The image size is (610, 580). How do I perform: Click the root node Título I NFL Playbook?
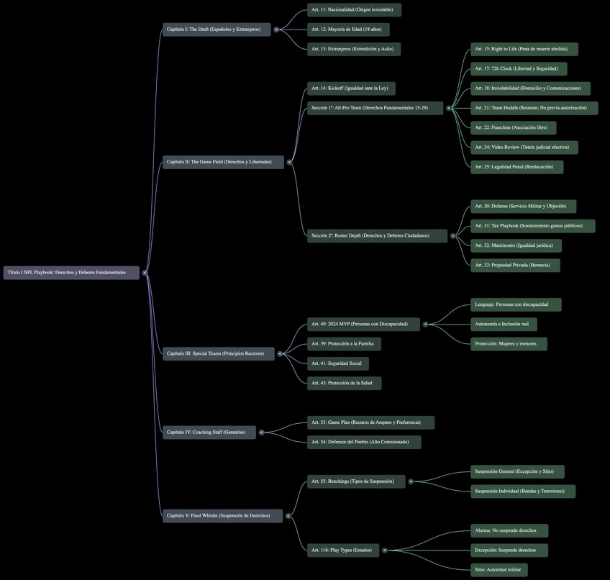pyautogui.click(x=71, y=273)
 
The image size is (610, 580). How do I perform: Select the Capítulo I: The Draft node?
pyautogui.click(x=217, y=30)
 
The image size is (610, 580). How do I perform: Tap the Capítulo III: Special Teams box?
pyautogui.click(x=218, y=353)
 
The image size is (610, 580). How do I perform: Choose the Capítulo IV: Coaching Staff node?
pyautogui.click(x=209, y=432)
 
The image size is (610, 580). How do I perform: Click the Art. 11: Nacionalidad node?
pyautogui.click(x=354, y=10)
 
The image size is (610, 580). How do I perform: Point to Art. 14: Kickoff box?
pyautogui.click(x=351, y=89)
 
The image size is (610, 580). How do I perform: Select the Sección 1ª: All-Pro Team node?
pyautogui.click(x=375, y=108)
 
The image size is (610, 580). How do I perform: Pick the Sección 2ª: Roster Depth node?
pyautogui.click(x=378, y=235)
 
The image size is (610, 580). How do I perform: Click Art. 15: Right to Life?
pyautogui.click(x=524, y=49)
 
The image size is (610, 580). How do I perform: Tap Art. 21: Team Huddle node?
pyautogui.click(x=534, y=108)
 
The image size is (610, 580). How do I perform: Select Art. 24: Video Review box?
pyautogui.click(x=524, y=147)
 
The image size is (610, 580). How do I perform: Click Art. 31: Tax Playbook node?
pyautogui.click(x=532, y=226)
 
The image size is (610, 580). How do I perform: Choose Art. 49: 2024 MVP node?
pyautogui.click(x=363, y=324)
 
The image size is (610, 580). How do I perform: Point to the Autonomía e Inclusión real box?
pyautogui.click(x=504, y=324)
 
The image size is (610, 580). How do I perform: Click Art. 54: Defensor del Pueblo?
pyautogui.click(x=364, y=442)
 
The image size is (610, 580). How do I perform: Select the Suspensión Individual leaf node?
pyautogui.click(x=523, y=491)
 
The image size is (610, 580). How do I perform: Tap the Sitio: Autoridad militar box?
pyautogui.click(x=499, y=569)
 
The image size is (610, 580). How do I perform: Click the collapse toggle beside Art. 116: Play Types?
pyautogui.click(x=384, y=550)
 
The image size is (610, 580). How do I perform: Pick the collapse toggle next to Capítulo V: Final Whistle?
pyautogui.click(x=288, y=516)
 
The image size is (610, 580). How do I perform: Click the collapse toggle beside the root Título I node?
pyautogui.click(x=145, y=273)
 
